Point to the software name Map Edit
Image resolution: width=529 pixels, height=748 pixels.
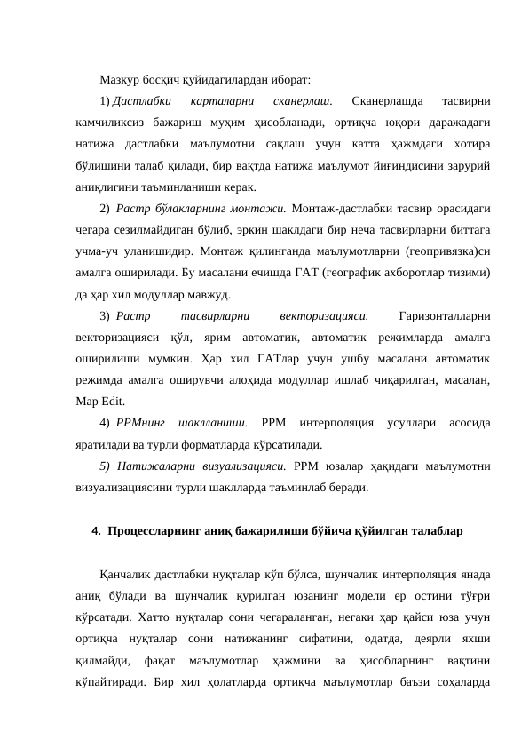coord(97,401)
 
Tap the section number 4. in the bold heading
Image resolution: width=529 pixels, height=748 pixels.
coord(95,531)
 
